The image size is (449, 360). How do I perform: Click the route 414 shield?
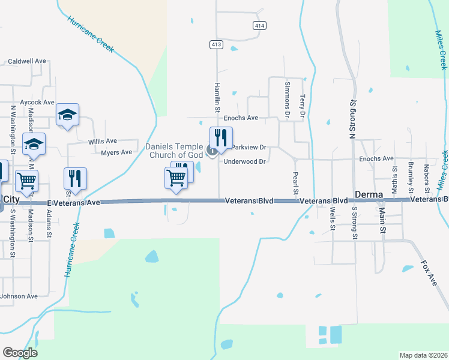pyautogui.click(x=259, y=25)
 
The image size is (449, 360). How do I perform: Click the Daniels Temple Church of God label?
pyautogui.click(x=175, y=151)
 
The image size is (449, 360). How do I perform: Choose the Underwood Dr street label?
pyautogui.click(x=244, y=161)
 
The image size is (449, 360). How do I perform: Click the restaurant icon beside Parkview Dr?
pyautogui.click(x=221, y=138)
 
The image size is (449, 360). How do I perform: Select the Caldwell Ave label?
pyautogui.click(x=27, y=61)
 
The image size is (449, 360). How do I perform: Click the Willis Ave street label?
pyautogui.click(x=103, y=141)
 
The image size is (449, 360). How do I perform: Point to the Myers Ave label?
pyautogui.click(x=116, y=152)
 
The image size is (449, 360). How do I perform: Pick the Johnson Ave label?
pyautogui.click(x=19, y=296)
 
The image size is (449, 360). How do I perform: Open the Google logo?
pyautogui.click(x=20, y=353)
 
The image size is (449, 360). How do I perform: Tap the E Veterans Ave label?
pyautogui.click(x=73, y=203)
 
